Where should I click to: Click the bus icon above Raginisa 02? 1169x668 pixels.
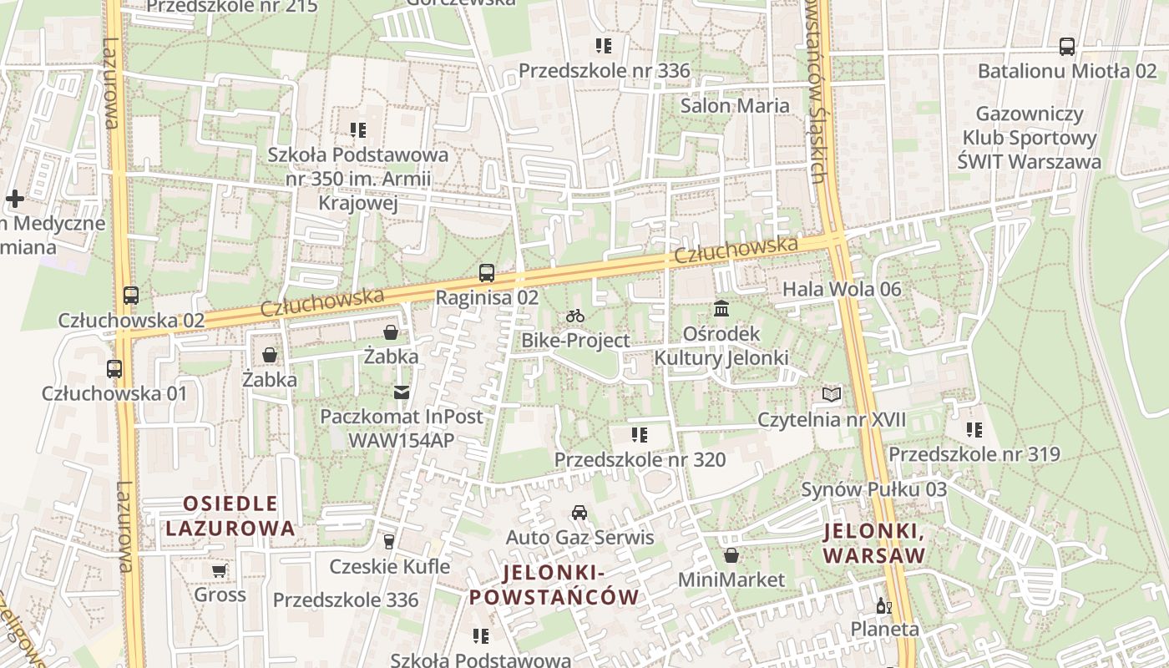coord(486,272)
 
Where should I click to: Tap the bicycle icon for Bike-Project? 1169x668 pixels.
coord(574,316)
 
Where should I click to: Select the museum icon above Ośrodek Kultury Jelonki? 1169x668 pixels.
coord(721,309)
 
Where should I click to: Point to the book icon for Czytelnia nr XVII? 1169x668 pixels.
coord(831,394)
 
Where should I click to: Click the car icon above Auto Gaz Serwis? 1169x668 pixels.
coord(579,512)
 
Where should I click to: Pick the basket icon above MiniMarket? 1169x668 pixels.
coord(731,555)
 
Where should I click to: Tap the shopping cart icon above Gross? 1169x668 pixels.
coord(220,571)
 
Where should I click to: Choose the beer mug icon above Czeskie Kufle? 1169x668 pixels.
coord(389,542)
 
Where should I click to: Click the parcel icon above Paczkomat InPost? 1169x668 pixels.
coord(402,392)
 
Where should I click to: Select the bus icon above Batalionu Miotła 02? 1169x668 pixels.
coord(1066,47)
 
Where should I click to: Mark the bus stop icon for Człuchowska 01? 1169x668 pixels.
coord(114,368)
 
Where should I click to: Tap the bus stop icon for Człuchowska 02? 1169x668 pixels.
coord(131,295)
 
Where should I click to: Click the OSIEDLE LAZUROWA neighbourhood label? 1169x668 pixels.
coord(230,516)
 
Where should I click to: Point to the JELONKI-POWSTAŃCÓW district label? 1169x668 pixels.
coord(554,584)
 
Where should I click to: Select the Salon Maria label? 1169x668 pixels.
coord(734,106)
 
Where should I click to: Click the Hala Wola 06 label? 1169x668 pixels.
coord(841,290)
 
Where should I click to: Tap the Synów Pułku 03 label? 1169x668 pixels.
coord(873,489)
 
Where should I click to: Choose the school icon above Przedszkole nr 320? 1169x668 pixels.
coord(640,435)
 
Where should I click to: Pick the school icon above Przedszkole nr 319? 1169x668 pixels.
coord(974,430)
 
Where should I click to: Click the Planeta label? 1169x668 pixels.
coord(884,629)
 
